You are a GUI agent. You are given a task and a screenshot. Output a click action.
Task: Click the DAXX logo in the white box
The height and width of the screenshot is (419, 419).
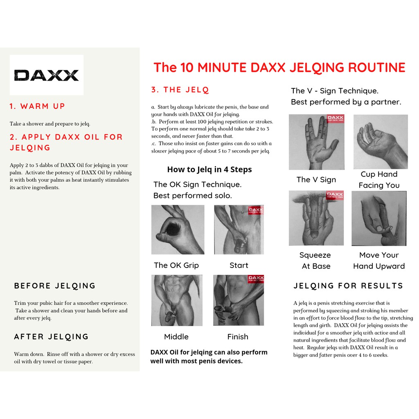pos(47,75)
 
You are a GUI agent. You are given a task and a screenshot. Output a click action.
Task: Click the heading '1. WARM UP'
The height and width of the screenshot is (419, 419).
pos(37,106)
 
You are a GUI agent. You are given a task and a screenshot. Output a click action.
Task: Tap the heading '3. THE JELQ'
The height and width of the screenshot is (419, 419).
pos(180,90)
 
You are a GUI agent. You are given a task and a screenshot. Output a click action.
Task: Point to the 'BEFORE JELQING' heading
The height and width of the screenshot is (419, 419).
pos(55,286)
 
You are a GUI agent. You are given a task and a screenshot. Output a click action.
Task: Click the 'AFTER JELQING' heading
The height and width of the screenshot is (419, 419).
pos(51,337)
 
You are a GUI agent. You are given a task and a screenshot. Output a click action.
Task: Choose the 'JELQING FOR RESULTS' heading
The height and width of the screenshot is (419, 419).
pos(348,286)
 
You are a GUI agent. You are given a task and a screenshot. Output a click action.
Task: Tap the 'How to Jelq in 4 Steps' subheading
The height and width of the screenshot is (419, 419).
pos(209,169)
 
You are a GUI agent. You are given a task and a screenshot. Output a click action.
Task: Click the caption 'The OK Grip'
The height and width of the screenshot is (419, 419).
pos(176,265)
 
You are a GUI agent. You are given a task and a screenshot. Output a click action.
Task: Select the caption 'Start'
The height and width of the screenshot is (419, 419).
pos(239,265)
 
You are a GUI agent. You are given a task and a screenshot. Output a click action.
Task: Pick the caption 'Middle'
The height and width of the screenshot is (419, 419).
pos(176,337)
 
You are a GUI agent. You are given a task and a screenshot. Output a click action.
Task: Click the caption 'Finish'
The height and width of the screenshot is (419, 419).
pos(238,337)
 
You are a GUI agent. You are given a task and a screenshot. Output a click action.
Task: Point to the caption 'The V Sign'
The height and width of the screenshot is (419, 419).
pos(316,180)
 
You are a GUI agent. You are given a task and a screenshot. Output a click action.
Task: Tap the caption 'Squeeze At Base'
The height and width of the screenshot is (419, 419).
pos(315,261)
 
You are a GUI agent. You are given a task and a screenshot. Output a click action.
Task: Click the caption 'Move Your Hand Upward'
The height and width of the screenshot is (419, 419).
pos(379,261)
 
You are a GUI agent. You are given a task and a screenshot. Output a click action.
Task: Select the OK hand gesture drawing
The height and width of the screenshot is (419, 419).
pos(178,230)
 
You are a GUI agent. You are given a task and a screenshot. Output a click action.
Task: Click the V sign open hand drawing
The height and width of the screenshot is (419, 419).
pos(317,142)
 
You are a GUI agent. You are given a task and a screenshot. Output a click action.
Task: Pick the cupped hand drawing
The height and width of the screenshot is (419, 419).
pos(381,142)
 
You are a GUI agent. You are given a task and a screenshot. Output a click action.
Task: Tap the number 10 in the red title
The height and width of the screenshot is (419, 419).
pos(187,68)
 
